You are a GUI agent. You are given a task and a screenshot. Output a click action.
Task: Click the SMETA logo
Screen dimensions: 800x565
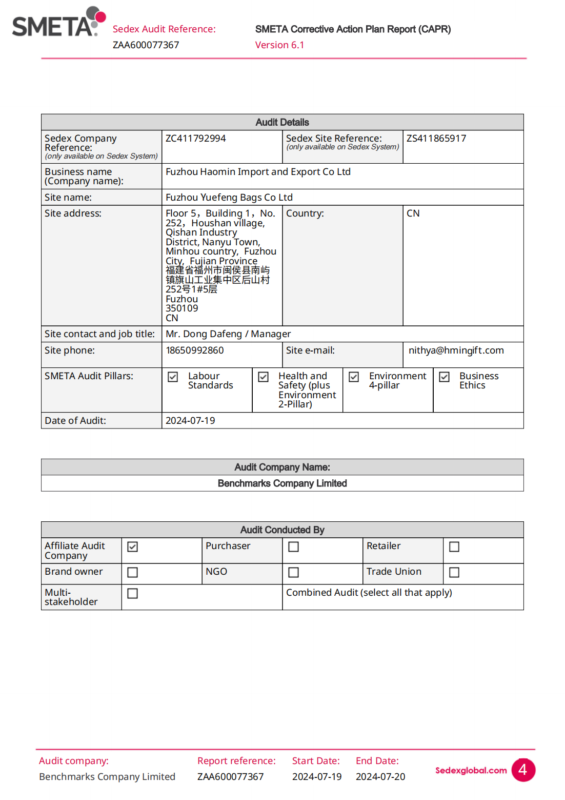tap(57, 23)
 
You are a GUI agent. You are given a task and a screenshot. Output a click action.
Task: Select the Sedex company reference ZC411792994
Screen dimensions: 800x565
tap(195, 139)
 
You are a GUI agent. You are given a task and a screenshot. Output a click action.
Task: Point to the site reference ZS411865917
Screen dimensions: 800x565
tap(436, 139)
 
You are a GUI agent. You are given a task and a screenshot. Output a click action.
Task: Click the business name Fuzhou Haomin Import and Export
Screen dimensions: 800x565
tap(258, 172)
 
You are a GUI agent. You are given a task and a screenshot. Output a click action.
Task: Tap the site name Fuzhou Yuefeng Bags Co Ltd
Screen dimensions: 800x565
tap(229, 198)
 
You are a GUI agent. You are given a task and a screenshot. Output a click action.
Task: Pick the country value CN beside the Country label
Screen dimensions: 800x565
tap(413, 213)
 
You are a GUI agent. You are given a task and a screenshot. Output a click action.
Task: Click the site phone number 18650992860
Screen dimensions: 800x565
tap(195, 350)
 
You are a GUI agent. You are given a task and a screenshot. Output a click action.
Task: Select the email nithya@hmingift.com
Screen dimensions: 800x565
tap(456, 350)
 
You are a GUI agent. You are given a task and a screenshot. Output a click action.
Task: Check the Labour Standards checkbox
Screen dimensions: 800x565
tap(173, 377)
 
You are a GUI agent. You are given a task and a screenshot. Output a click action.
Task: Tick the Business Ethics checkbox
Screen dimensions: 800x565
tap(445, 377)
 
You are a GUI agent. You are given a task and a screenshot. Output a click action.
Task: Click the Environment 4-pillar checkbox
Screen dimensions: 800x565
tap(354, 377)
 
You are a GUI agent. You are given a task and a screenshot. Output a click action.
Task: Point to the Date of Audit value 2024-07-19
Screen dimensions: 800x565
tap(190, 421)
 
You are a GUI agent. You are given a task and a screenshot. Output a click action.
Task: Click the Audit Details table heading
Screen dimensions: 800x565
tap(282, 122)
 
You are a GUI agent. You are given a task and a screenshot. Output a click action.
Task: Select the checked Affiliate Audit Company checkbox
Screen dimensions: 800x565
tap(133, 547)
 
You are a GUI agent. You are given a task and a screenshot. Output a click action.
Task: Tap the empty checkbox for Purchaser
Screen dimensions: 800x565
tap(294, 547)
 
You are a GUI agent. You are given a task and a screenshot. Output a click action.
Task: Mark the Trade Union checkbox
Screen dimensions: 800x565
tap(454, 572)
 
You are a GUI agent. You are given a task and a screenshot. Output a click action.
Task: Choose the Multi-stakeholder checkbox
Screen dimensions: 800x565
tap(133, 594)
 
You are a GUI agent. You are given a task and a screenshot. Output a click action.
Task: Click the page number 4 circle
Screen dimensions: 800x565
tap(523, 770)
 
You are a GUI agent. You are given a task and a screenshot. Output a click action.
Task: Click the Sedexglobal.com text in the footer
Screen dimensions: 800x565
tap(471, 770)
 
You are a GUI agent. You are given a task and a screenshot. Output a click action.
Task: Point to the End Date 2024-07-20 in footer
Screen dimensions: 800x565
tap(380, 777)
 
